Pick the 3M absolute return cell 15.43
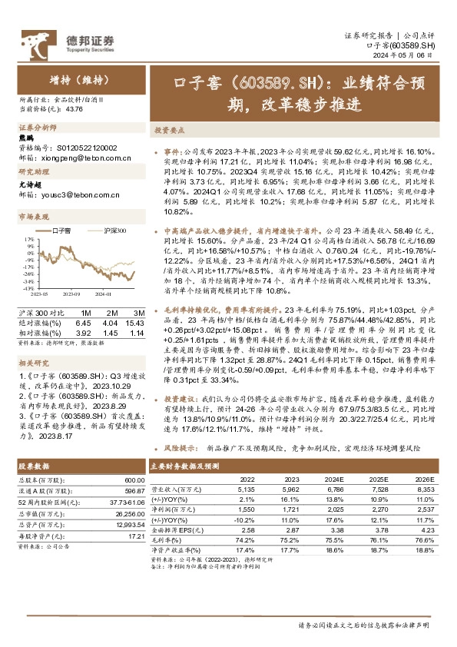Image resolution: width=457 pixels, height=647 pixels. (135, 323)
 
